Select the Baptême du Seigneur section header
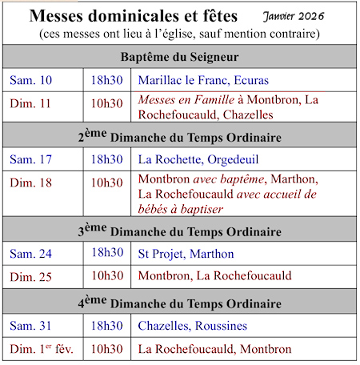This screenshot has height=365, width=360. (180, 57)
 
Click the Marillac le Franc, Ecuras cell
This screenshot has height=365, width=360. (203, 80)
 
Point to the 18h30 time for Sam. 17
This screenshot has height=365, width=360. (107, 158)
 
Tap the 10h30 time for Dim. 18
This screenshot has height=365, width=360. (107, 182)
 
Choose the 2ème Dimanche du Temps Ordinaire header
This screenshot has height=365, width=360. (180, 135)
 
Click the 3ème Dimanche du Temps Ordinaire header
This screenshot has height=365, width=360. (180, 231)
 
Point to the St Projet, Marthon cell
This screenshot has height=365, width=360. (186, 254)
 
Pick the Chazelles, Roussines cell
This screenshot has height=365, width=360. (198, 326)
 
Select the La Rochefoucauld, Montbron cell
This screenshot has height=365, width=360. (214, 349)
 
